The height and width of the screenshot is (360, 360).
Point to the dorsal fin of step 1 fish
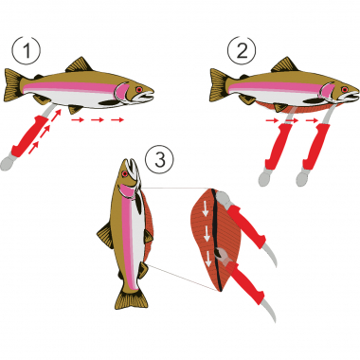[x=80, y=65]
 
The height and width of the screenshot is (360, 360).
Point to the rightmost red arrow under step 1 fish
[x=117, y=121]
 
